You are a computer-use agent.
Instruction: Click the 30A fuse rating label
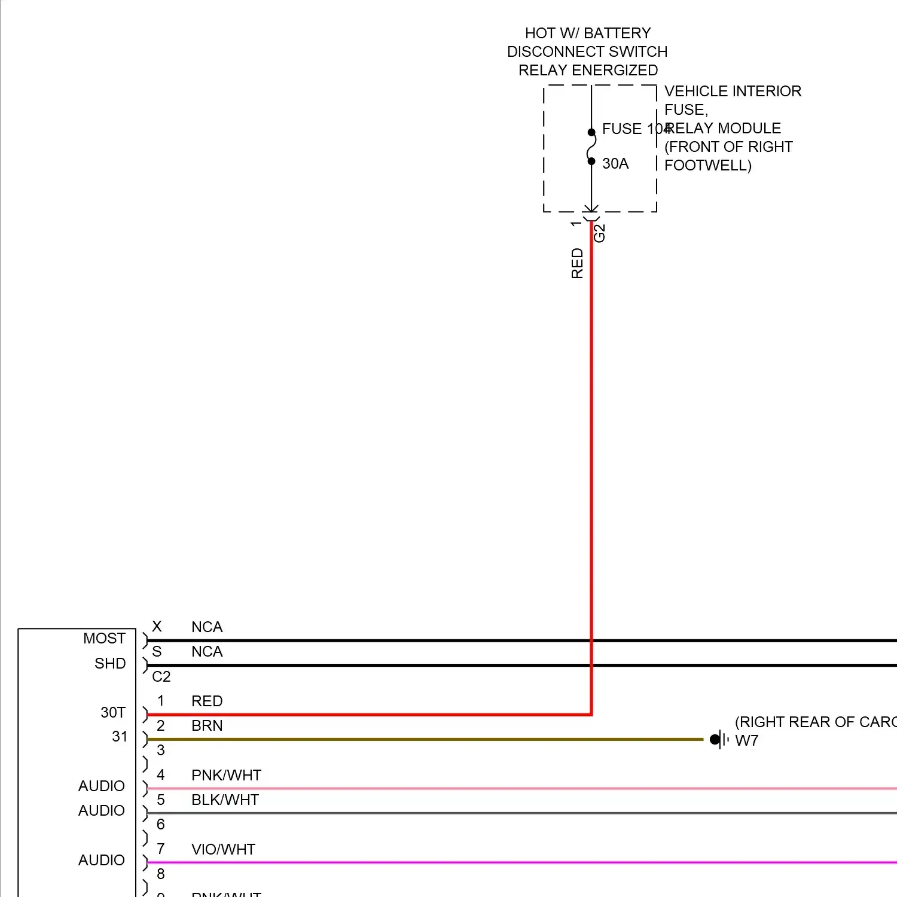(x=615, y=163)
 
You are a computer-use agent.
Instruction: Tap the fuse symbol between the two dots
(x=591, y=147)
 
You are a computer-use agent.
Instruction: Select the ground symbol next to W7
(x=719, y=740)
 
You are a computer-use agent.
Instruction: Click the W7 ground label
(x=746, y=740)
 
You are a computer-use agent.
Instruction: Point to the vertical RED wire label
(x=577, y=263)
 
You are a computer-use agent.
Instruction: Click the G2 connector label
(x=599, y=233)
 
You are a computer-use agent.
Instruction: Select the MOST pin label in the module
(x=104, y=638)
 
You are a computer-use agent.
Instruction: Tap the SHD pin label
(x=110, y=663)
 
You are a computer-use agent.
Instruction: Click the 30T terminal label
(x=113, y=712)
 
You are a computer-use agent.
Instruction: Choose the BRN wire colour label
(x=207, y=725)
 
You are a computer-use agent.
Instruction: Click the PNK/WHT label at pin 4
(x=226, y=775)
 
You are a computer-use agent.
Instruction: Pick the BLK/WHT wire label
(x=225, y=800)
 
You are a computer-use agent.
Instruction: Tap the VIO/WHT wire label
(x=223, y=849)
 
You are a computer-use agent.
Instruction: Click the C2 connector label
(x=161, y=676)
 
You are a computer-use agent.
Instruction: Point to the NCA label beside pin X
(x=207, y=627)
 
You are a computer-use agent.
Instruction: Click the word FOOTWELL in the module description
(x=705, y=165)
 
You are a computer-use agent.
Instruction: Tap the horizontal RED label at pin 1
(x=207, y=701)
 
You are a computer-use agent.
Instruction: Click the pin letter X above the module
(x=157, y=626)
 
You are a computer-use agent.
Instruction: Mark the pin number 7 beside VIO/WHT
(x=160, y=849)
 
